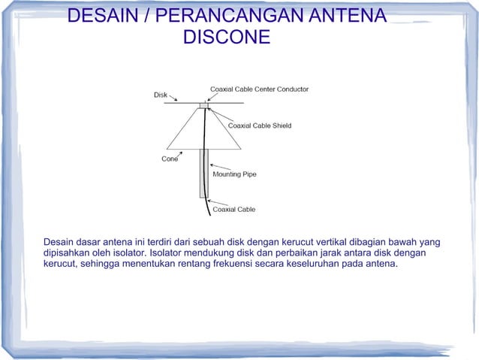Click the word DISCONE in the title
coord(226,37)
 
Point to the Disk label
coord(161,95)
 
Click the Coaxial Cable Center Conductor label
coord(259,89)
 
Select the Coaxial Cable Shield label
coord(260,126)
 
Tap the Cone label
coord(170,159)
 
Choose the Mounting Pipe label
coord(234,174)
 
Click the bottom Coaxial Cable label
coord(234,209)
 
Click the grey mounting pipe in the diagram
coord(203,173)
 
